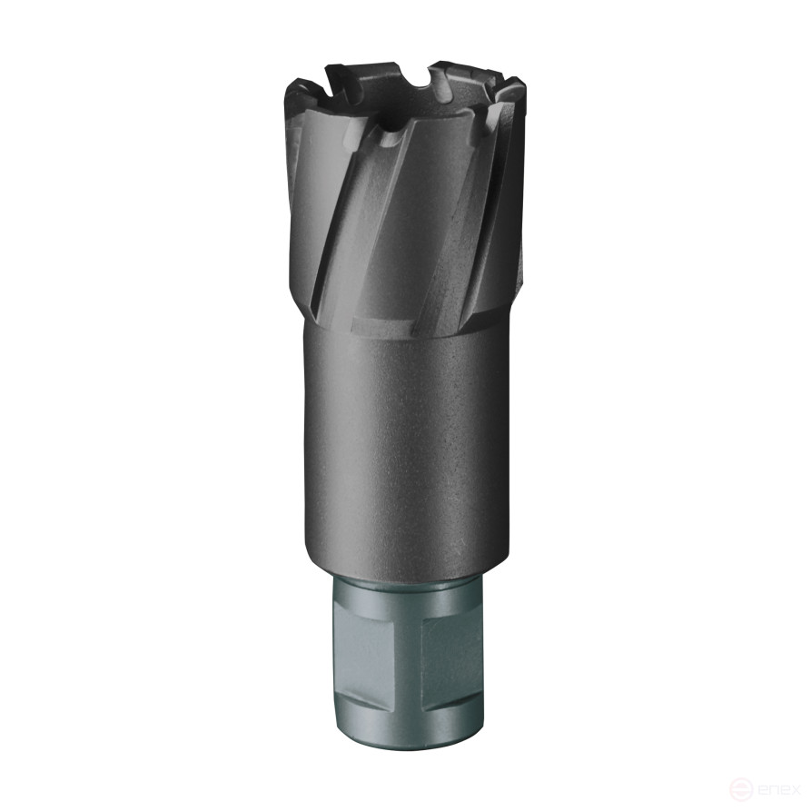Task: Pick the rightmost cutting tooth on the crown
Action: (x=513, y=91)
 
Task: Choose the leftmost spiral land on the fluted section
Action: (x=309, y=209)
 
